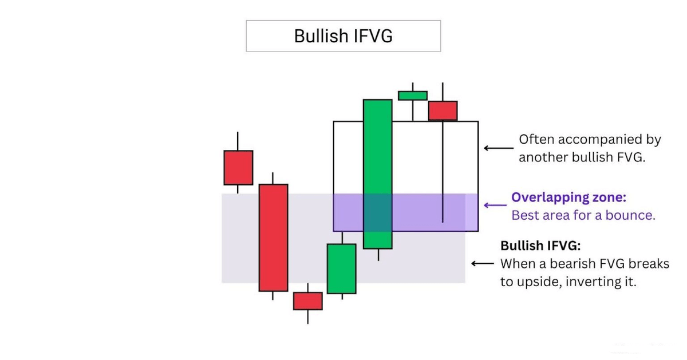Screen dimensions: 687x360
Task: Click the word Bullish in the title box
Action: click(x=320, y=35)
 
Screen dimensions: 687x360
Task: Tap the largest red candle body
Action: click(x=273, y=238)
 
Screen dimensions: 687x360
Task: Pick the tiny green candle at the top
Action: click(x=413, y=96)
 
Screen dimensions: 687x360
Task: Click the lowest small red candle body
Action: click(x=307, y=301)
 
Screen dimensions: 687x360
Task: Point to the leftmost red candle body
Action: click(x=238, y=168)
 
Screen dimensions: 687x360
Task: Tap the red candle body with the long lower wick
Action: click(x=443, y=110)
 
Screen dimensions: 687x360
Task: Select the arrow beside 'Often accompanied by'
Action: click(x=498, y=148)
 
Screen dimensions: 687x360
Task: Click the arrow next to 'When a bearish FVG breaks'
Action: click(x=482, y=264)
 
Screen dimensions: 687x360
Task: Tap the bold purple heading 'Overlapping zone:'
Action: click(x=568, y=197)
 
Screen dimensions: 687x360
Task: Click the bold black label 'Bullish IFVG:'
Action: click(x=541, y=246)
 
